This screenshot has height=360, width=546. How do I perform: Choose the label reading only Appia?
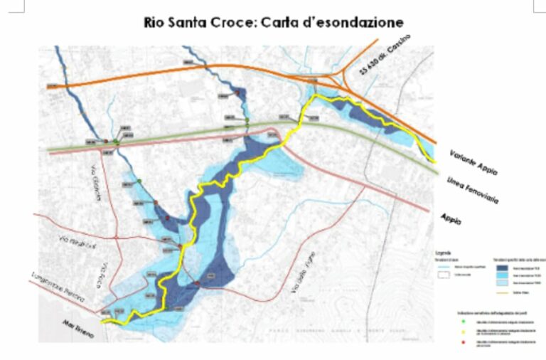point(451,218)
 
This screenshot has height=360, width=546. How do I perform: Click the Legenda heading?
point(442,253)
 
